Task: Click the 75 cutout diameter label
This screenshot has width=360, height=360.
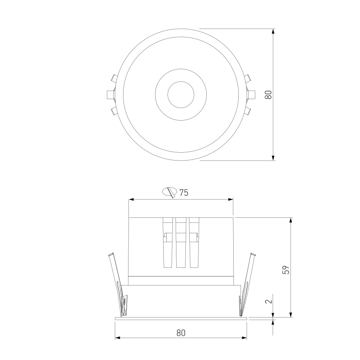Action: pyautogui.click(x=184, y=193)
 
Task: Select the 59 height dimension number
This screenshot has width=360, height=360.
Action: pyautogui.click(x=286, y=270)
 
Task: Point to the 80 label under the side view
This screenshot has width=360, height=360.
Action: pyautogui.click(x=181, y=333)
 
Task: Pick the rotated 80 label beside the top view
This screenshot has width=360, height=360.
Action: pyautogui.click(x=268, y=95)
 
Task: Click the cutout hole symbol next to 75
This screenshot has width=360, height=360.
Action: pyautogui.click(x=170, y=192)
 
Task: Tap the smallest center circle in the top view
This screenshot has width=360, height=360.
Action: pyautogui.click(x=181, y=95)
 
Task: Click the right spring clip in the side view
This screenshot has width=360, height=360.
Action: pyautogui.click(x=247, y=285)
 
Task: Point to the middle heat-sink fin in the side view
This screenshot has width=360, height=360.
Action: pyautogui.click(x=181, y=242)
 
